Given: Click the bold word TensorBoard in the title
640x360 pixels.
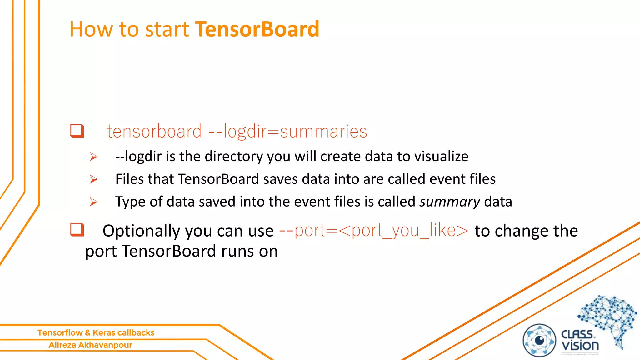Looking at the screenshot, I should point(257,29).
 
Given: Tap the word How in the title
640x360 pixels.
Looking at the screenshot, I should point(91,29).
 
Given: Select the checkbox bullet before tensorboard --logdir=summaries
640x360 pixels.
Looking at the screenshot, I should point(77,131).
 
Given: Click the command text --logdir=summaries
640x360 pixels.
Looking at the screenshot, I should point(287,131).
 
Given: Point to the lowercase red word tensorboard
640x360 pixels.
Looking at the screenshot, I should point(154,131).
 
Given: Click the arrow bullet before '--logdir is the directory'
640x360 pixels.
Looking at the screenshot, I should point(93,156).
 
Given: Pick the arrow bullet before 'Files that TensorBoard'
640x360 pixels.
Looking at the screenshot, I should point(93,179).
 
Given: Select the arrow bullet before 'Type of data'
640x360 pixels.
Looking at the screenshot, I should point(93,202).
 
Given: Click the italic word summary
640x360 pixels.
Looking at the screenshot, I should point(449,202).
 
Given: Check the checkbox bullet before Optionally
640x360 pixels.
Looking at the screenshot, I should point(77,230).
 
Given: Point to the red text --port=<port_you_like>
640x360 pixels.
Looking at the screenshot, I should point(374,231).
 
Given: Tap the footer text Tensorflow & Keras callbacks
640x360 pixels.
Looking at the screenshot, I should point(96,332).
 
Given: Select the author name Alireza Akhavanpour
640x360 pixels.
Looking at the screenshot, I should point(90,345).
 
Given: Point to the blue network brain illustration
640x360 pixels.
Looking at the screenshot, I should point(608,319).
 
